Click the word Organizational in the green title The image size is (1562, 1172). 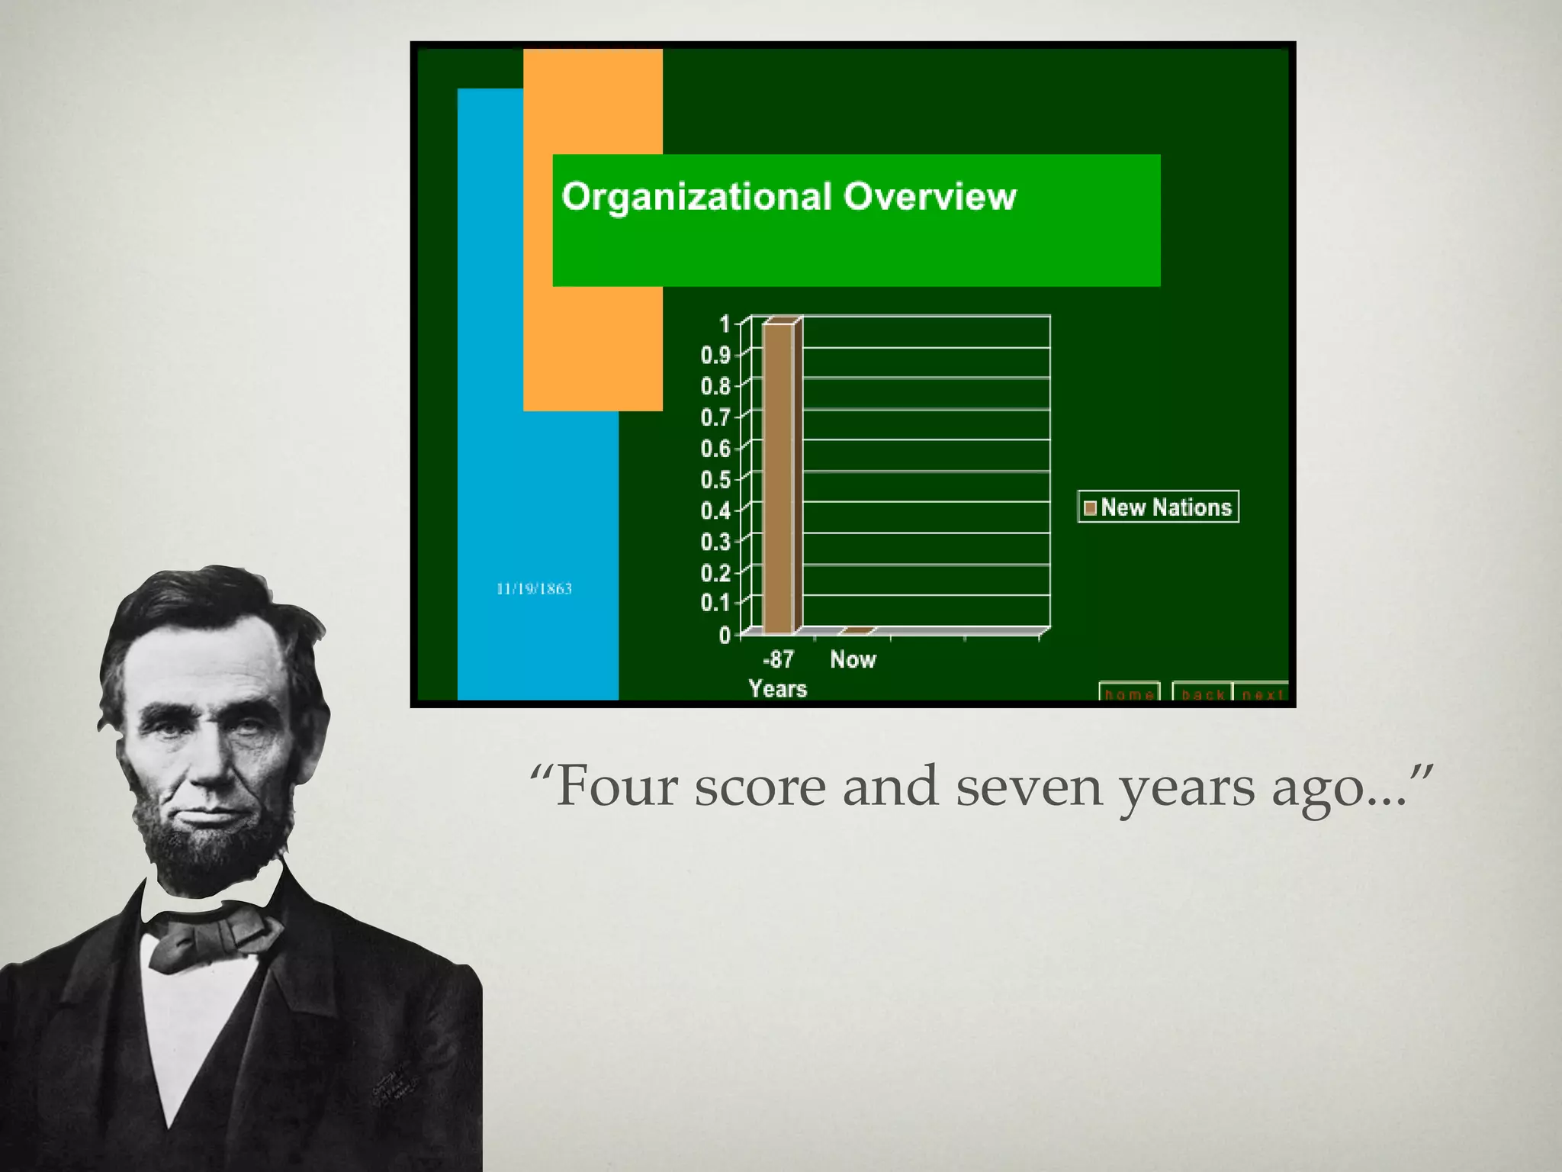tap(696, 197)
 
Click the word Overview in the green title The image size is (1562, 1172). tap(930, 197)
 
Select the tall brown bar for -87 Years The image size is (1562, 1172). tap(779, 478)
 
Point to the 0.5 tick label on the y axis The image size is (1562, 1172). tap(715, 480)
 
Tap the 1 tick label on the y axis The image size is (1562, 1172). tap(725, 324)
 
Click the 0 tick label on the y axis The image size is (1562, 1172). tap(725, 636)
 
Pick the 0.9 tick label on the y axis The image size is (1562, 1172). tap(715, 356)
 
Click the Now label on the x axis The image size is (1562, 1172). tap(853, 660)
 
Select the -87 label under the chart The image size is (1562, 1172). tap(778, 659)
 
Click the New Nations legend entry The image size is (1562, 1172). tap(1158, 507)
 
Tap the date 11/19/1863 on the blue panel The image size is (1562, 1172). tap(534, 589)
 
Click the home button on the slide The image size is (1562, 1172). tap(1129, 693)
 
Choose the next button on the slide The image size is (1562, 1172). tap(1262, 693)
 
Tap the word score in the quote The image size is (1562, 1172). tap(760, 787)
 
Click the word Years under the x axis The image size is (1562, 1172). tap(777, 689)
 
